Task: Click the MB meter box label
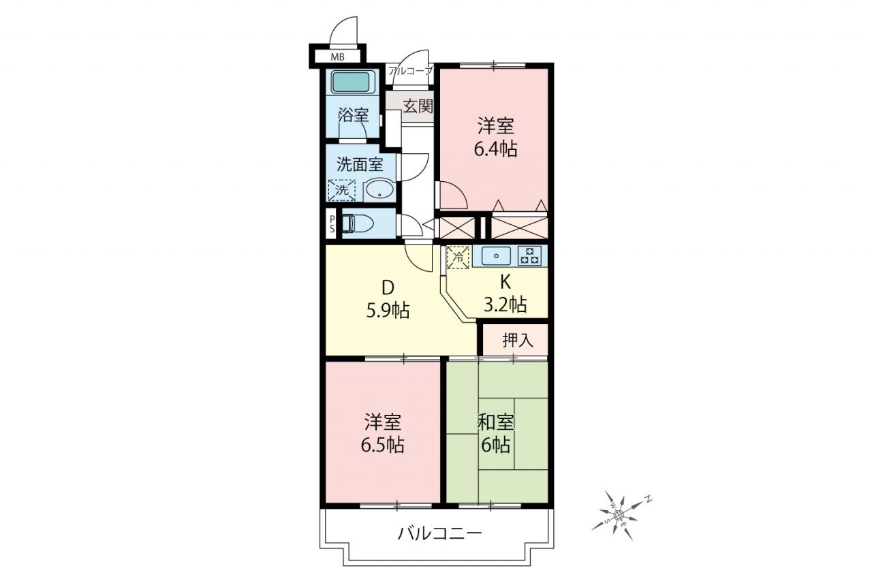[x=337, y=57]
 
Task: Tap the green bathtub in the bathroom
[x=350, y=82]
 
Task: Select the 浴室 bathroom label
[x=353, y=115]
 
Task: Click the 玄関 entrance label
[x=418, y=106]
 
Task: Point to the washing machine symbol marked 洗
[x=342, y=190]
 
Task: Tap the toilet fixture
[x=358, y=224]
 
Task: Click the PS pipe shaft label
[x=332, y=224]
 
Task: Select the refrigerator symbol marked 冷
[x=459, y=257]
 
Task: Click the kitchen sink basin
[x=497, y=256]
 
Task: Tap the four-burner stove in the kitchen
[x=529, y=256]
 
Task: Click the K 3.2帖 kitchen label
[x=505, y=294]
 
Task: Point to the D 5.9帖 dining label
[x=388, y=299]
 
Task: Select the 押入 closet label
[x=518, y=340]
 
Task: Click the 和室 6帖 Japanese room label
[x=495, y=433]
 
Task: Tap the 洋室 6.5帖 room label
[x=383, y=433]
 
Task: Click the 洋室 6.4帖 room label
[x=495, y=137]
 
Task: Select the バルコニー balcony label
[x=439, y=533]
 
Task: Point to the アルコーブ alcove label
[x=410, y=72]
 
